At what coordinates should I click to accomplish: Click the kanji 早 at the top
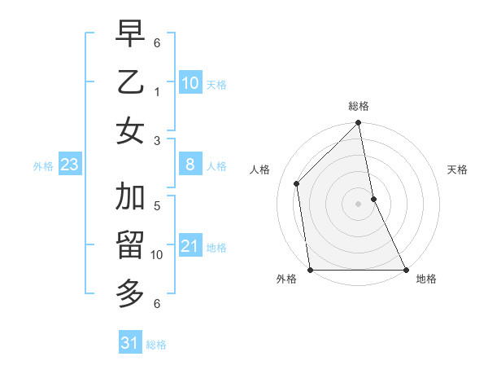130,34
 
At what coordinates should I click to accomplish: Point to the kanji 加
130,198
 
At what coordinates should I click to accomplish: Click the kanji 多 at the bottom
130,291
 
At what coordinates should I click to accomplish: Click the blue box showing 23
69,165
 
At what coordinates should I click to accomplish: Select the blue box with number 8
190,165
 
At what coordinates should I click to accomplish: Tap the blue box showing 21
190,246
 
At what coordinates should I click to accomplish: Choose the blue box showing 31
129,343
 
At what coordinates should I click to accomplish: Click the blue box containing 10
190,82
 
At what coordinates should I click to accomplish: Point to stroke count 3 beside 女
157,139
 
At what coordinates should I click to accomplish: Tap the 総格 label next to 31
156,345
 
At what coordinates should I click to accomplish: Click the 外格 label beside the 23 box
43,166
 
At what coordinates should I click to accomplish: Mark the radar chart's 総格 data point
358,124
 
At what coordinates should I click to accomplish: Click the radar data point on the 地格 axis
405,270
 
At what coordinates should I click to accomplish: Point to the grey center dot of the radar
358,204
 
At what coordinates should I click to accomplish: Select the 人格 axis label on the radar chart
260,169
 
